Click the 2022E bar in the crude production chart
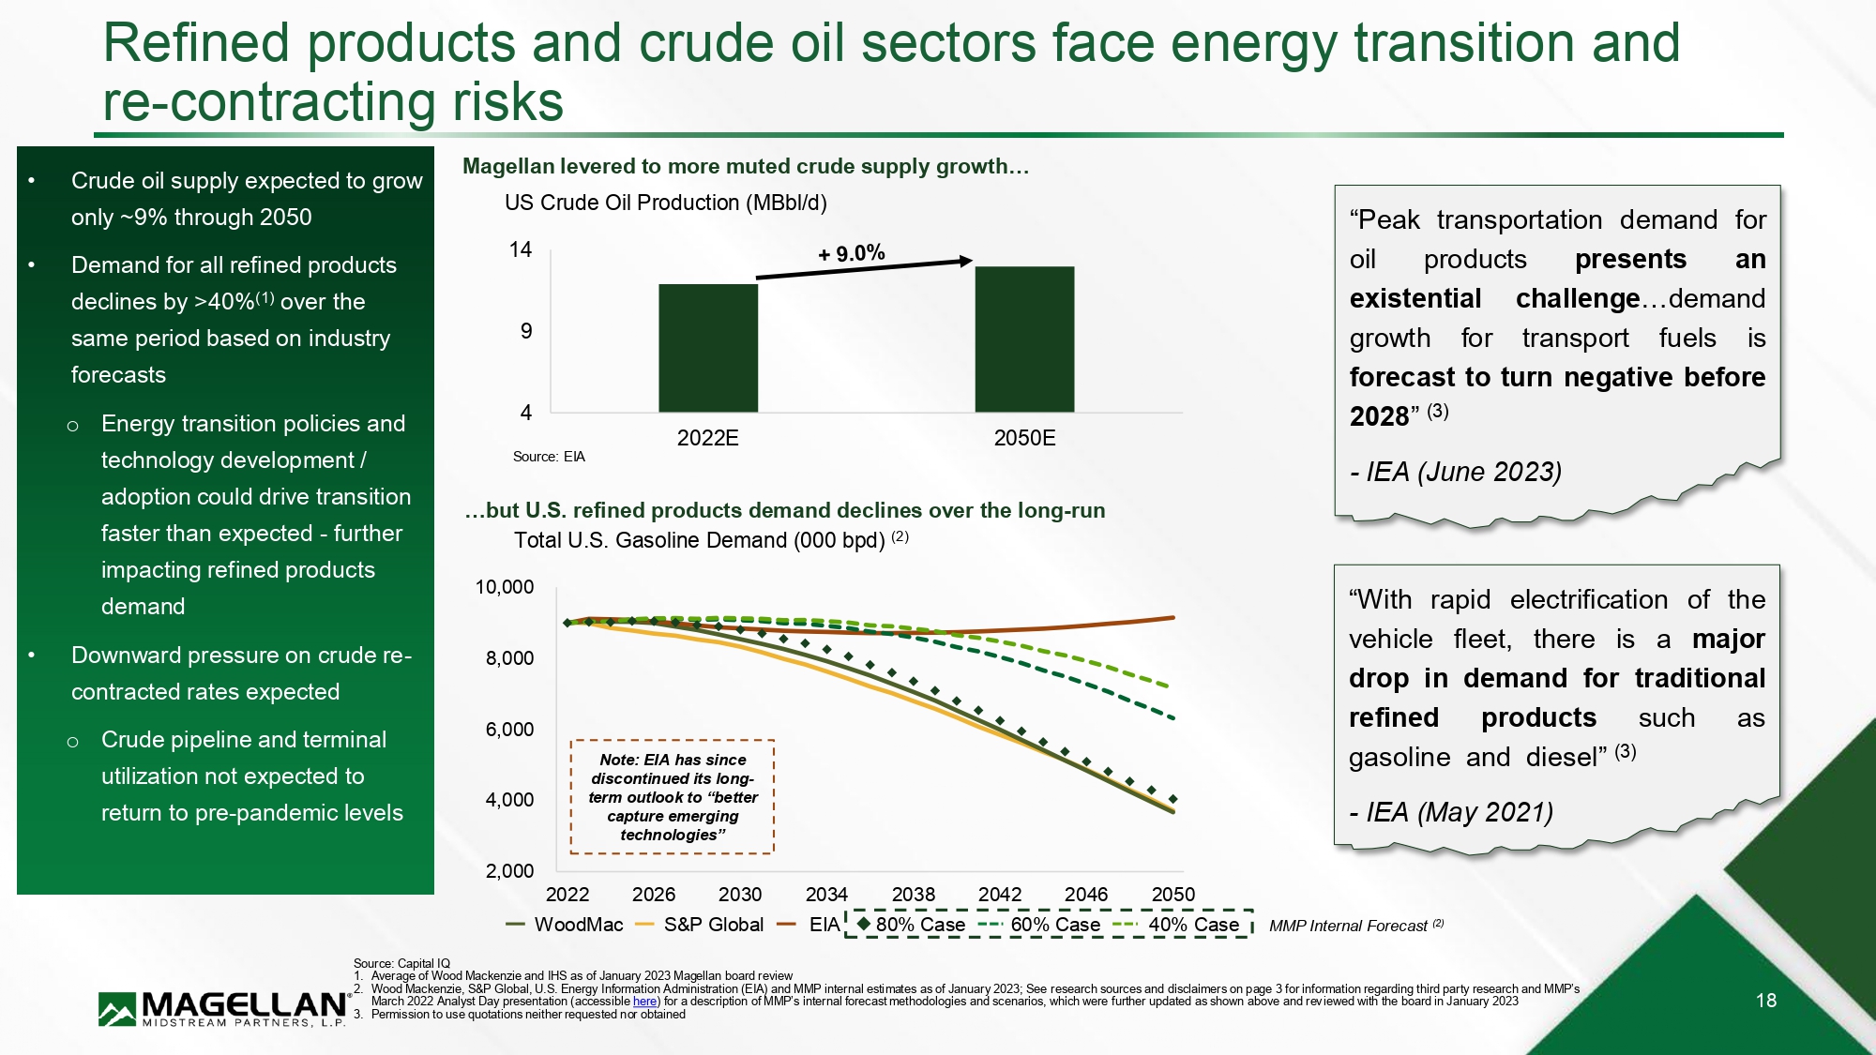click(x=707, y=348)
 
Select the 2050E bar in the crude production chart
click(x=1024, y=339)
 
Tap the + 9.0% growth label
click(x=851, y=253)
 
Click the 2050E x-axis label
click(x=1024, y=438)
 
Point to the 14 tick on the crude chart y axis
click(x=521, y=249)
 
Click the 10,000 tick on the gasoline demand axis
click(x=505, y=587)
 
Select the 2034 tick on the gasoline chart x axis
click(x=826, y=895)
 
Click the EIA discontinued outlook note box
click(x=673, y=797)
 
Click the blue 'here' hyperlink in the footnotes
click(x=644, y=1002)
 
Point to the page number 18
click(x=1766, y=1001)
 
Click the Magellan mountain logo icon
click(x=117, y=1009)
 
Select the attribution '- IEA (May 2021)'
click(x=1451, y=812)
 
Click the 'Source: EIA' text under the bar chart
click(x=549, y=457)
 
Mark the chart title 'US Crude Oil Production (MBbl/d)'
click(x=665, y=203)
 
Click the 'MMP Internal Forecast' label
click(x=1348, y=926)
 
